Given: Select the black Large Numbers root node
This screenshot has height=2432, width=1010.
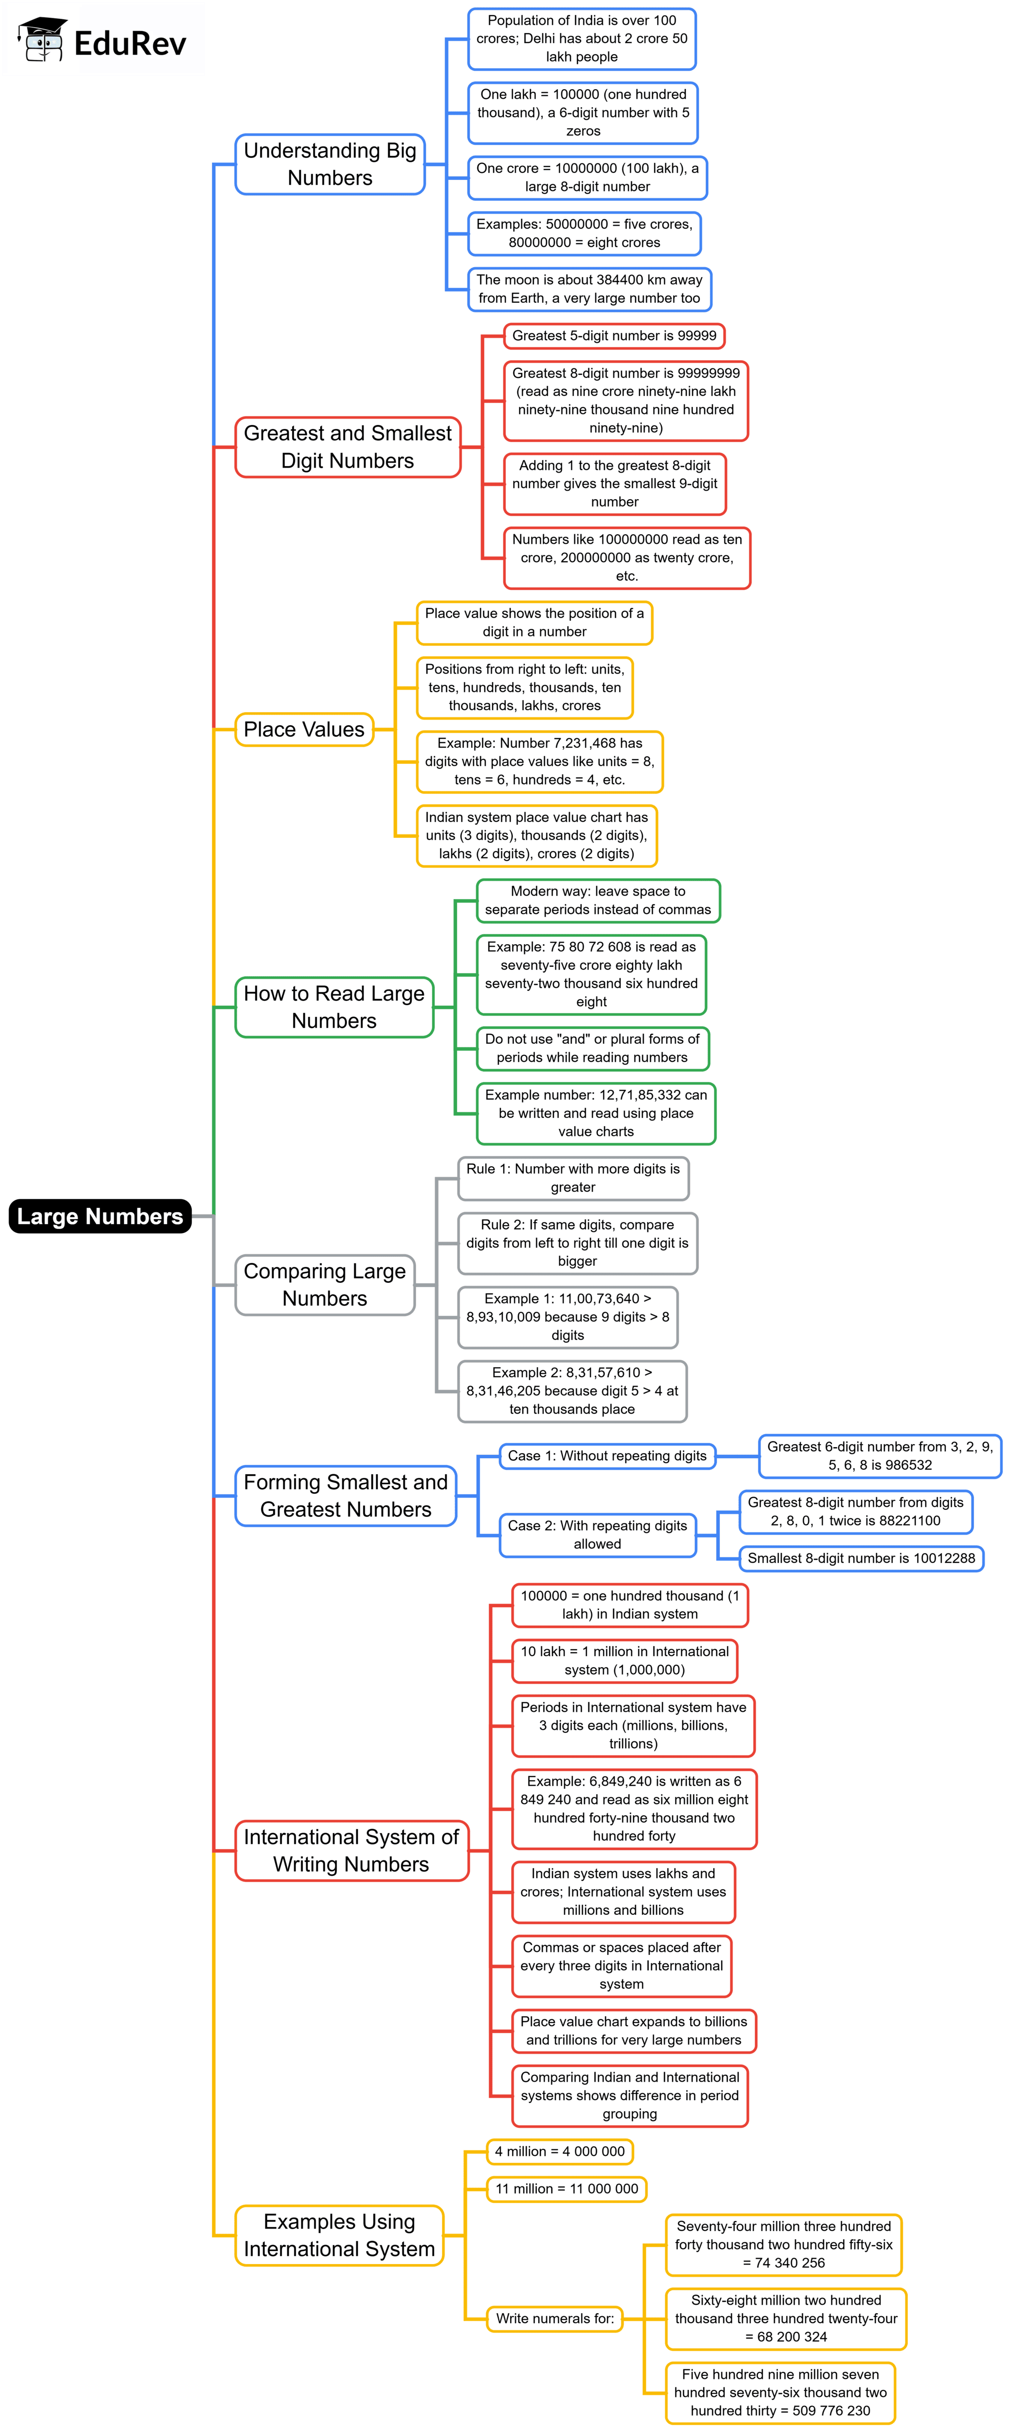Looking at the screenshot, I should (99, 1216).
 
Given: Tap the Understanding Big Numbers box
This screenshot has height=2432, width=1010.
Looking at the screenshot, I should (329, 164).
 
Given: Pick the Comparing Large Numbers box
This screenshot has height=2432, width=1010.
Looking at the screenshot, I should (325, 1285).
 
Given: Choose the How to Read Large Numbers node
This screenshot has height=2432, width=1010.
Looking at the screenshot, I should (334, 1007).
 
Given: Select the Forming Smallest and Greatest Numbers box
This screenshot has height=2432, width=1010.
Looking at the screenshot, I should (345, 1495).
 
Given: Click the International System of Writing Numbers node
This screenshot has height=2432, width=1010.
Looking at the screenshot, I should (351, 1850).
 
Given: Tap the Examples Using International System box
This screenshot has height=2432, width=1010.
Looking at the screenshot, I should (339, 2235).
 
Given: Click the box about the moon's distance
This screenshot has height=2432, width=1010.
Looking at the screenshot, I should (589, 289).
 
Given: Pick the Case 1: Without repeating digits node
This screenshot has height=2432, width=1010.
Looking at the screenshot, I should (607, 1456).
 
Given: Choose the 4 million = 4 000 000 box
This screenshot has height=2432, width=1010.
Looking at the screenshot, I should (560, 2151).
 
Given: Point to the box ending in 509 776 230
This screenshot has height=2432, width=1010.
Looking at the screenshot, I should (780, 2392).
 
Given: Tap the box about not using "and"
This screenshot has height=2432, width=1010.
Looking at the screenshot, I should (592, 1048).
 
